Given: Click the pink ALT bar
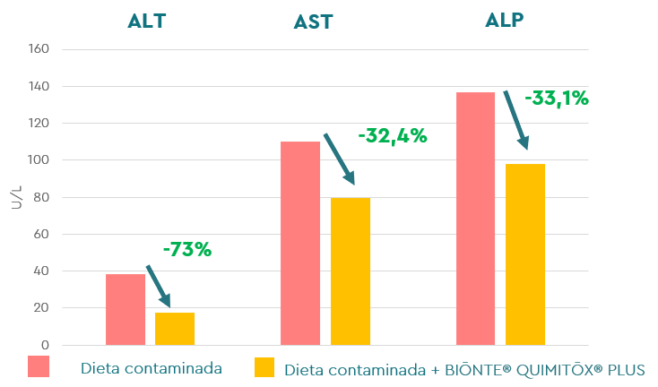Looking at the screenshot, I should (x=126, y=310).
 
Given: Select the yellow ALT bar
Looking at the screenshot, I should (x=175, y=329).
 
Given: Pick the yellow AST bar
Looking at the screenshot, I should (x=351, y=271).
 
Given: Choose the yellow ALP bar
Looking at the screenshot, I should (x=525, y=254).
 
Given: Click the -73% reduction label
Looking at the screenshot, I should (x=186, y=251).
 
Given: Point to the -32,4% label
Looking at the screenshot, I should (x=392, y=137).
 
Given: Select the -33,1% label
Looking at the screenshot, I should (x=556, y=99).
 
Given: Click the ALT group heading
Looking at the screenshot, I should (x=147, y=21).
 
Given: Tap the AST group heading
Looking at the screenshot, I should (x=314, y=22).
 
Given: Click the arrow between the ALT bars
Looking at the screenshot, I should (x=159, y=286).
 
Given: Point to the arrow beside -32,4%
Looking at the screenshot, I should (x=339, y=159).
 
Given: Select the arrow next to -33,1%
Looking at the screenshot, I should (x=515, y=119).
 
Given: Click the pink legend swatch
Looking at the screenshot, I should (x=39, y=366).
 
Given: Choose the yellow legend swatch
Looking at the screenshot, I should (x=264, y=367).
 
